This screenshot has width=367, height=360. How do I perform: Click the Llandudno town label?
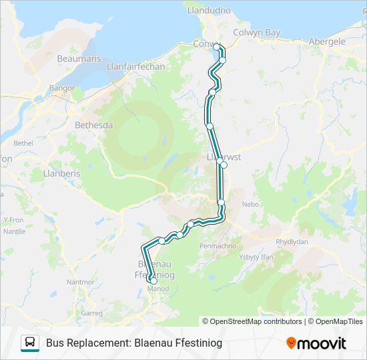[x=209, y=11]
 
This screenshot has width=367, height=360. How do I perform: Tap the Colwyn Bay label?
[x=256, y=32]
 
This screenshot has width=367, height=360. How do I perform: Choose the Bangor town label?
[x=62, y=87]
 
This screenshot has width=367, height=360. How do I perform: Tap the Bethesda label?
[x=94, y=125]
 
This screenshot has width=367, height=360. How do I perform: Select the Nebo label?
[x=250, y=205]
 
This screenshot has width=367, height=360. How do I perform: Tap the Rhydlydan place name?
[x=292, y=242]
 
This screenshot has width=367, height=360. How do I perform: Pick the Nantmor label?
[x=81, y=282]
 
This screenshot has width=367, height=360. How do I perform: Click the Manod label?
[x=157, y=289]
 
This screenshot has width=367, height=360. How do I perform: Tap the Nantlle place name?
[x=14, y=231]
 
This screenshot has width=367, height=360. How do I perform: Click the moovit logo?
[x=316, y=343]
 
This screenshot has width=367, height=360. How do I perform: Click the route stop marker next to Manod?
[x=153, y=281]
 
